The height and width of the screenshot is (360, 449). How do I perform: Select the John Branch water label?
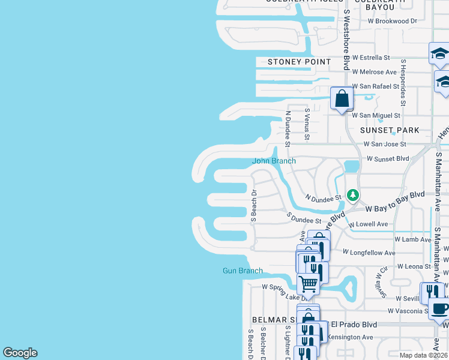tap(274, 161)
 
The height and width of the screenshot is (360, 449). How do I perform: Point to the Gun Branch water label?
tap(243, 271)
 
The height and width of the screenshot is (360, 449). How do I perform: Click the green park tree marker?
tap(354, 195)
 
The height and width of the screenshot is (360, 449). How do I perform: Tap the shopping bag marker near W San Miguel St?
tap(342, 98)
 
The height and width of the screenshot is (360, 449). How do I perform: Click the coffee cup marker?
tap(440, 310)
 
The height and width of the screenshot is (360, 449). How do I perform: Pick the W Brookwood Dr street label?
tap(393, 20)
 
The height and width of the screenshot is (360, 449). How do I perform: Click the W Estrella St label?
tap(371, 58)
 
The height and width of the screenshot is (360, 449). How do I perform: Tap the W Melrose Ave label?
tap(375, 72)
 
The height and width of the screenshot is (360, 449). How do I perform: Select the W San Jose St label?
tap(385, 144)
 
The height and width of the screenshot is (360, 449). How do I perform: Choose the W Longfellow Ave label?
tap(369, 253)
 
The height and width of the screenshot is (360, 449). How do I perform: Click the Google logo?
tap(20, 353)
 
